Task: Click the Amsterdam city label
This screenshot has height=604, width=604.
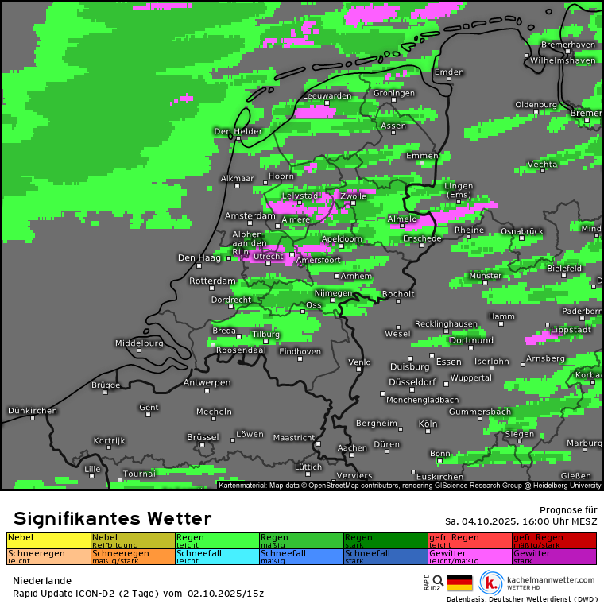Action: [x=250, y=215]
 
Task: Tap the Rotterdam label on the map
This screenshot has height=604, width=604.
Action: [x=212, y=281]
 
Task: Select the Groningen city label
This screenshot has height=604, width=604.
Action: [x=393, y=94]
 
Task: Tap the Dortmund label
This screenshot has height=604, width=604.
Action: [x=471, y=340]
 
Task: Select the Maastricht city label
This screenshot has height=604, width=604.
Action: [x=293, y=437]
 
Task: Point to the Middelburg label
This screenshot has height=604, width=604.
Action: [x=138, y=343]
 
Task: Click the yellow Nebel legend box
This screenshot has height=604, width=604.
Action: [x=48, y=540]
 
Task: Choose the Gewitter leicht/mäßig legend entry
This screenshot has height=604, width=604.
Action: [x=470, y=556]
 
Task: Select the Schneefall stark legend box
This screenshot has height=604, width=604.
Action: [x=385, y=556]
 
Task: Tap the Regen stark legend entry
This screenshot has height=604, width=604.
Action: [x=385, y=540]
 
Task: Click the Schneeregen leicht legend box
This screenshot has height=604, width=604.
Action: [x=48, y=556]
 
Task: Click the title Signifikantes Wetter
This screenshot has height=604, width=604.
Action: [x=112, y=519]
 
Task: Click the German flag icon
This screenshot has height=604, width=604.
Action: [x=459, y=583]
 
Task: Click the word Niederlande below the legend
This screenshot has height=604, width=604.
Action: [x=42, y=581]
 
